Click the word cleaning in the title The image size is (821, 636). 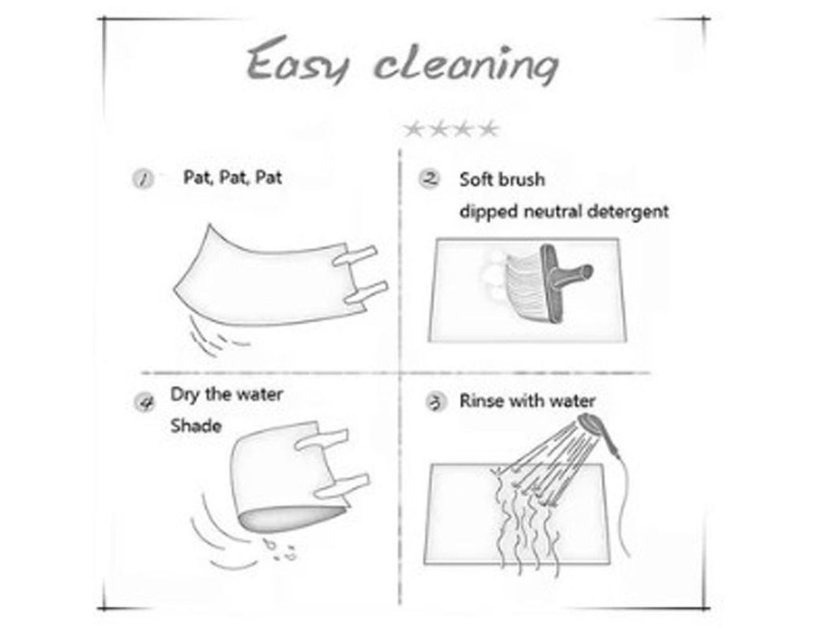coord(467,65)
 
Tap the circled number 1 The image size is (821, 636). coord(143,179)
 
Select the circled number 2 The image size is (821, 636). coord(431,179)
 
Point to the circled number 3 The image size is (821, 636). coord(436,402)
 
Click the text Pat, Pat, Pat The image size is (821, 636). coord(232,177)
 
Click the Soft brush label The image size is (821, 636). coord(502,179)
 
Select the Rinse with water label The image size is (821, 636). coord(527,401)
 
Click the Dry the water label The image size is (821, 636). coord(226,395)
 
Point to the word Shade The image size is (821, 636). coord(196,426)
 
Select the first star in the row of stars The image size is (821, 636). coord(414,130)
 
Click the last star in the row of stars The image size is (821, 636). coord(489,130)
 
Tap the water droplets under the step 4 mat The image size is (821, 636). coord(280,549)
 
